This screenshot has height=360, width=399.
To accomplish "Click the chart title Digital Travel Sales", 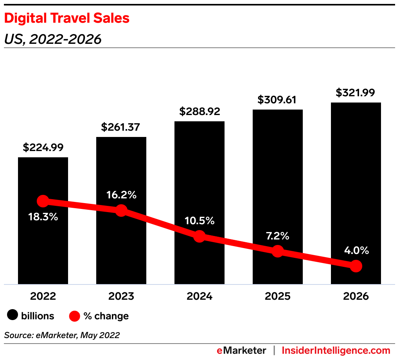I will coord(66,18).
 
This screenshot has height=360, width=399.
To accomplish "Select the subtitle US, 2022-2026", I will coord(53,39).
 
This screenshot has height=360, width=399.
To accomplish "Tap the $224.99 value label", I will coord(43,148).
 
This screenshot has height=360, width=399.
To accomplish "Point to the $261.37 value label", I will coord(121,127).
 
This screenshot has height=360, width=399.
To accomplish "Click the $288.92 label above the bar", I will coord(199,112).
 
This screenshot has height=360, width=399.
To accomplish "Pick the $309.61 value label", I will coord(278,100).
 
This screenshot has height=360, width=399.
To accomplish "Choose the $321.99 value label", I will coord(356,93).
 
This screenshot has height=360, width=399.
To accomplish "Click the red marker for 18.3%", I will coord(43,202).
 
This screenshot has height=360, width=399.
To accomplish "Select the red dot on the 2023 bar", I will coord(121,211).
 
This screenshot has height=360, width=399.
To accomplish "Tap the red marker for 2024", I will coord(199,236).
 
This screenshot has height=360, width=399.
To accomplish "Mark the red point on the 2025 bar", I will coord(278,251).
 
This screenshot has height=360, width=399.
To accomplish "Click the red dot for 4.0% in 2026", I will coord(356,266).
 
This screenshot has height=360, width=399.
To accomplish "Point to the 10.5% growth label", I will coord(199,221).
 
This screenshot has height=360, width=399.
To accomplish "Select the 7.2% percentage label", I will coord(278,236).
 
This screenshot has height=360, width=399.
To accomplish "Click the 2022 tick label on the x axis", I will coord(43,296).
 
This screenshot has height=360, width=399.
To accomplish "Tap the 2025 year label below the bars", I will coord(278,296).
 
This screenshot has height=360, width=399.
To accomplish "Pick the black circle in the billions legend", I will coord(13,315).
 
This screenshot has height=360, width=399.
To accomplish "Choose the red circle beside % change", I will coord(75,316).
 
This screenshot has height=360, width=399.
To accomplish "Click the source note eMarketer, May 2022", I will coord(62,335).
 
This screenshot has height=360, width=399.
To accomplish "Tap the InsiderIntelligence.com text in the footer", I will coord(336,350).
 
